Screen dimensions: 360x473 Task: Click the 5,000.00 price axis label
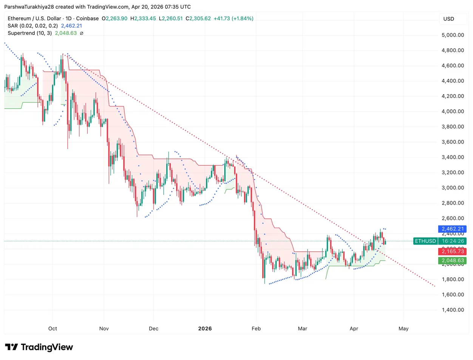click(x=453, y=35)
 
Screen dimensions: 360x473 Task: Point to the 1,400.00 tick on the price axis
click(x=453, y=310)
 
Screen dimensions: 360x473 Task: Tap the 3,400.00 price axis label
click(x=453, y=157)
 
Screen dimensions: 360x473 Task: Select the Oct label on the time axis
click(x=53, y=329)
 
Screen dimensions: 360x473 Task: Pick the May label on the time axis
click(x=403, y=329)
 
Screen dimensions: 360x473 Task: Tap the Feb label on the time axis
click(x=256, y=329)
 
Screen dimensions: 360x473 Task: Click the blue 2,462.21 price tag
click(x=452, y=229)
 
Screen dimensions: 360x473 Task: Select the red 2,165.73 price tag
click(x=452, y=251)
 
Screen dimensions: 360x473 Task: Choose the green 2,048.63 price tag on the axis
click(x=452, y=261)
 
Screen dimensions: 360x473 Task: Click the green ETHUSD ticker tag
click(x=425, y=241)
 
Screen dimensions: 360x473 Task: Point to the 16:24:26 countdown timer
click(x=452, y=241)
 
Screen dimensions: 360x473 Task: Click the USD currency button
click(x=449, y=19)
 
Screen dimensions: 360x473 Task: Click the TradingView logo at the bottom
click(x=39, y=347)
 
